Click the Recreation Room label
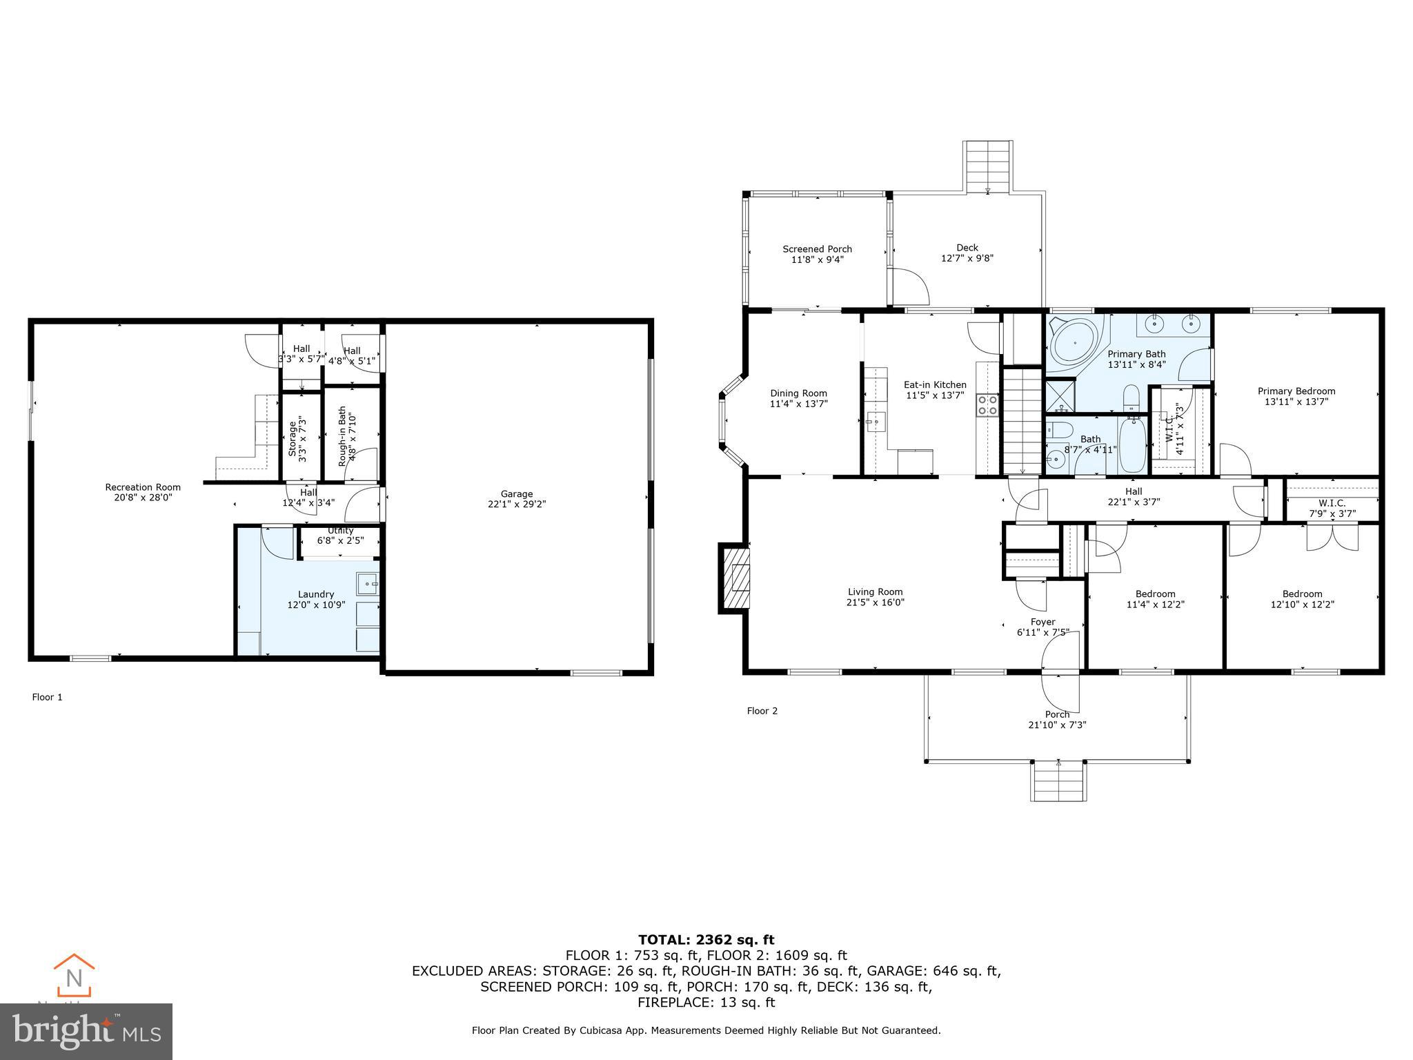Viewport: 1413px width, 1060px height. coord(143,487)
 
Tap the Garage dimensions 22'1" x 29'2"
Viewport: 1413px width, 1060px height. coord(517,504)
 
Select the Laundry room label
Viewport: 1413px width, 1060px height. coord(316,594)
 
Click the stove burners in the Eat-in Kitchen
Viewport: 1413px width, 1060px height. coord(987,404)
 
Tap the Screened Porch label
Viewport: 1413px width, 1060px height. coord(817,249)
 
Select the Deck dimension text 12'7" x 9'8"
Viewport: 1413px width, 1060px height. coord(967,259)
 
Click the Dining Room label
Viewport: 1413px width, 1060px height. coord(798,393)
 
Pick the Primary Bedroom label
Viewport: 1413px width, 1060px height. coord(1296,391)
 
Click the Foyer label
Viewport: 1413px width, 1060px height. coord(1043,622)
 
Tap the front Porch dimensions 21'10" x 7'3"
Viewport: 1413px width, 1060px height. coord(1057,725)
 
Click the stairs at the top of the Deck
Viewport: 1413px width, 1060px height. coord(988,165)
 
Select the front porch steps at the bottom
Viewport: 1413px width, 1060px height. coord(1058,782)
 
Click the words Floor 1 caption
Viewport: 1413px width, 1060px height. coord(48,697)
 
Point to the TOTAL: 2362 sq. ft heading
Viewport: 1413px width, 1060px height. coord(706,940)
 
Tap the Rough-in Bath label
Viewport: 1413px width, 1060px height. coord(342,436)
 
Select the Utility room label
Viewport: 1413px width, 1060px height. coord(340,531)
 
